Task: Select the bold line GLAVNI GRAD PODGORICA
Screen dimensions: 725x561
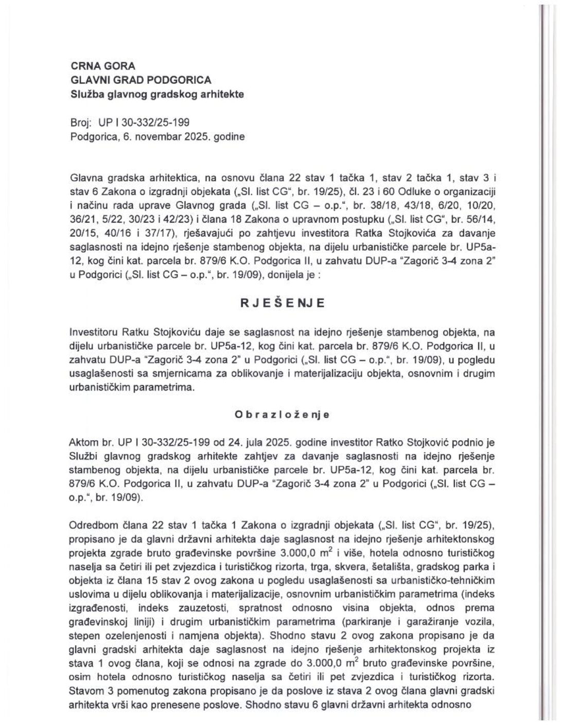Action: point(141,80)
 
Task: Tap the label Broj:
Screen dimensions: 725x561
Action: point(80,123)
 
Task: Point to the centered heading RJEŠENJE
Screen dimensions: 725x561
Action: point(283,303)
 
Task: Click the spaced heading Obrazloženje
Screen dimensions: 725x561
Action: point(282,414)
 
